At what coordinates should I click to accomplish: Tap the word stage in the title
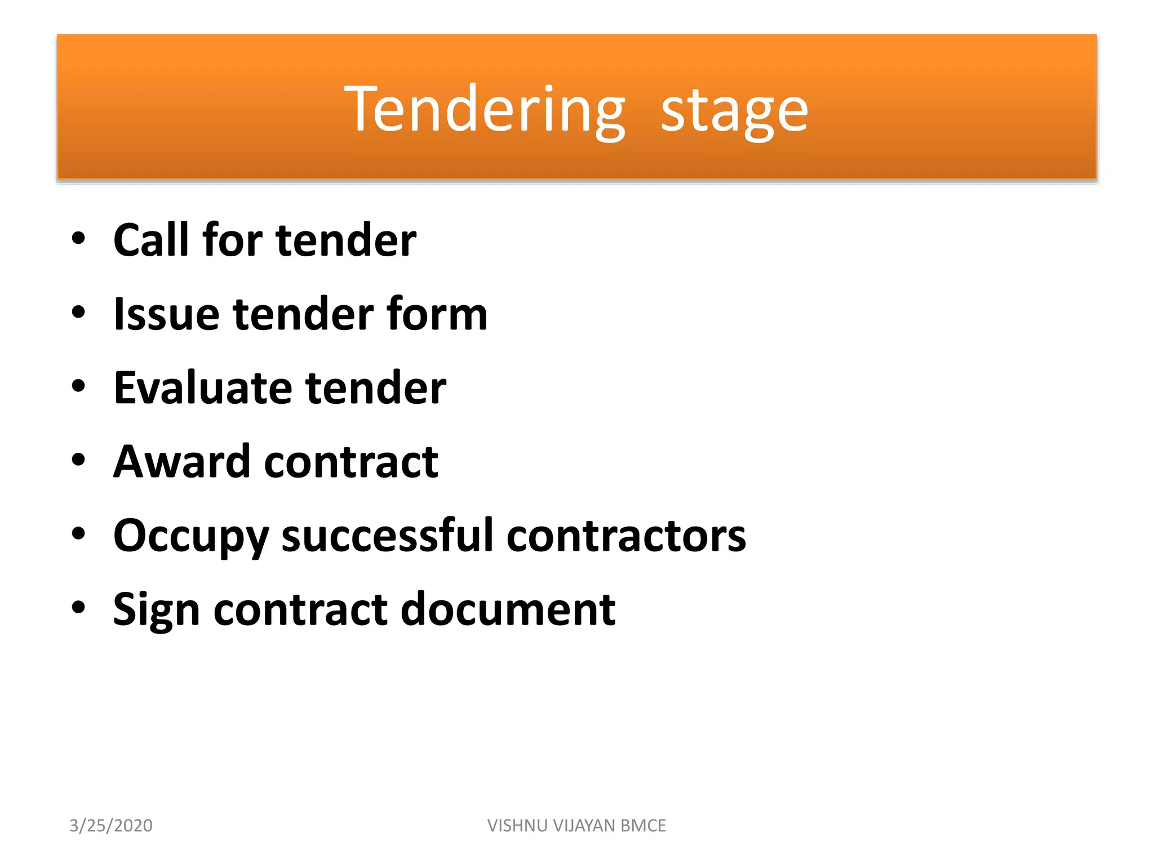click(x=734, y=111)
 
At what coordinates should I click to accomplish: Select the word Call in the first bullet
click(x=150, y=240)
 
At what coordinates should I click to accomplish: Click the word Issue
click(x=166, y=314)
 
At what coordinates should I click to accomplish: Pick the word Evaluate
click(x=202, y=388)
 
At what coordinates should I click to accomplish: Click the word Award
click(x=181, y=462)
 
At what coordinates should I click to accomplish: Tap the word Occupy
click(x=190, y=537)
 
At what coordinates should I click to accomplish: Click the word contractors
click(x=626, y=536)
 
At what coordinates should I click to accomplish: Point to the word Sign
click(x=156, y=610)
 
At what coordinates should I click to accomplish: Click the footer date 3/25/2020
click(x=111, y=826)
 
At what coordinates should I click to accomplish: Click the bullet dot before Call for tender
click(x=78, y=238)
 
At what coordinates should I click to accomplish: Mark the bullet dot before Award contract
click(x=78, y=460)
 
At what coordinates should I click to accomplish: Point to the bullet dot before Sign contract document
click(x=78, y=608)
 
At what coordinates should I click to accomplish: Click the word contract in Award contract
click(x=351, y=462)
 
